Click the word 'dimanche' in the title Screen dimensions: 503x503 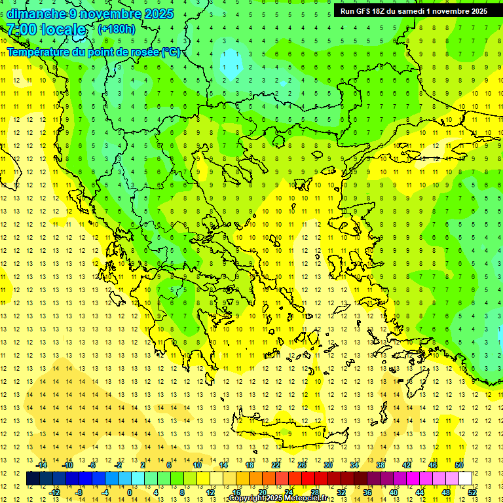(x=36, y=14)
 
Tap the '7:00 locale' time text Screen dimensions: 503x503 (x=46, y=29)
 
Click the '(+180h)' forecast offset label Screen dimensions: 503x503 (x=117, y=29)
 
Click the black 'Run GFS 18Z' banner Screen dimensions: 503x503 (x=413, y=11)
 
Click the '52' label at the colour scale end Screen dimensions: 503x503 (x=472, y=493)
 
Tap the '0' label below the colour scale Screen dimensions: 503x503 (x=129, y=493)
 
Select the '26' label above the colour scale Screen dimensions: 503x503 (x=302, y=465)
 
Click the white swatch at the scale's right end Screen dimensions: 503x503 (x=466, y=478)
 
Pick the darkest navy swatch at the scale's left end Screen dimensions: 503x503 (x=33, y=478)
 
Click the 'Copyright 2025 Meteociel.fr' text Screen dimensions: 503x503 (x=278, y=498)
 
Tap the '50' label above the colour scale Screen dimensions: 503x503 (x=459, y=465)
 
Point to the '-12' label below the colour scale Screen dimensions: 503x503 (x=54, y=493)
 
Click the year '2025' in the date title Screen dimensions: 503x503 (x=158, y=14)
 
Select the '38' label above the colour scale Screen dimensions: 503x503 (x=381, y=465)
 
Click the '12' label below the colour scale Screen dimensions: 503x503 (x=210, y=493)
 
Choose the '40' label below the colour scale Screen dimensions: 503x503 (x=394, y=493)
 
